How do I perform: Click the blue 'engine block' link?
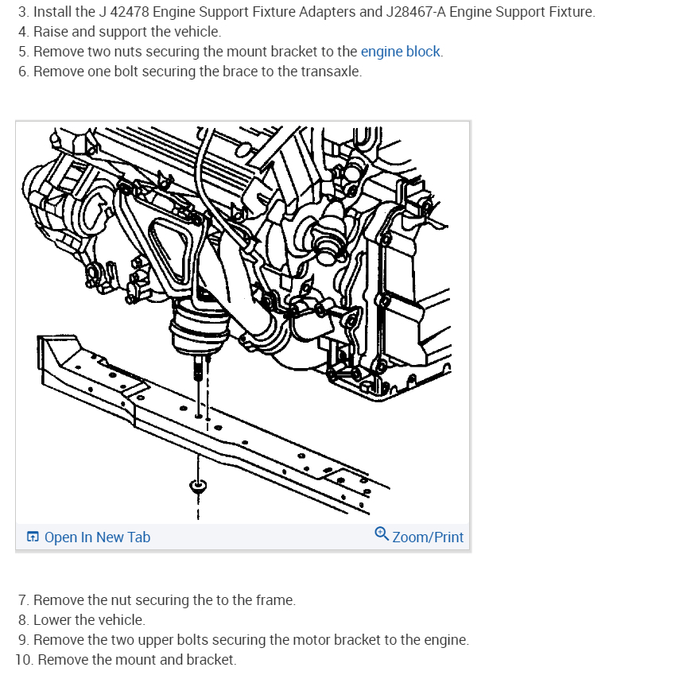click(x=401, y=52)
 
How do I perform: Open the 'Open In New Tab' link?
click(x=97, y=537)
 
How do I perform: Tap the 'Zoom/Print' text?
click(x=428, y=537)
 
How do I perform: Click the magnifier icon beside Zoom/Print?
click(x=382, y=536)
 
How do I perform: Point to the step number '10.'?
click(x=24, y=660)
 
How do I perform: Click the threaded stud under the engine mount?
click(x=196, y=370)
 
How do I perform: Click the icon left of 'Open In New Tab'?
click(x=33, y=537)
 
